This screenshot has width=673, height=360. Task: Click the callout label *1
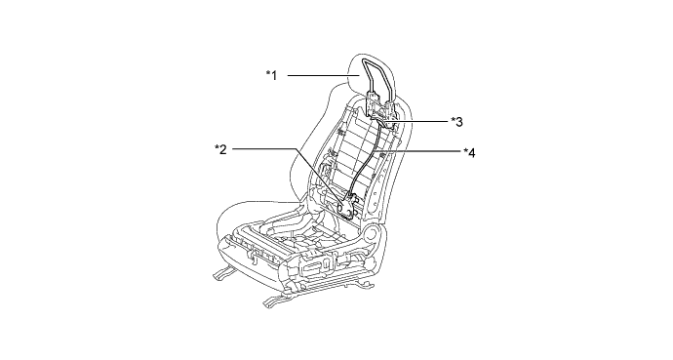click(272, 75)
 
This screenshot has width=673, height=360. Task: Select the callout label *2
click(220, 149)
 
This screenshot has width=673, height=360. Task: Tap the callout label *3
click(456, 122)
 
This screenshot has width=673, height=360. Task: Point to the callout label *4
click(469, 152)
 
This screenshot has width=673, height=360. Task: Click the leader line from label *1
click(323, 75)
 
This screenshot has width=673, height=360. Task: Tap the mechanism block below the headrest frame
click(380, 109)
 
